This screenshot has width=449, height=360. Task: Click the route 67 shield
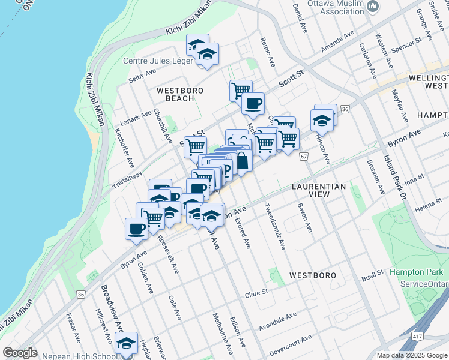pyautogui.click(x=304, y=157)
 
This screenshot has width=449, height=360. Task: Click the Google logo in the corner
pyautogui.click(x=20, y=353)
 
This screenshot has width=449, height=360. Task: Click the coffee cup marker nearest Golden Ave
pyautogui.click(x=136, y=229)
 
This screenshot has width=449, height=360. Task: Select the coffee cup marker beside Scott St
pyautogui.click(x=253, y=103)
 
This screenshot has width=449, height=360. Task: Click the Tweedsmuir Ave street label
pyautogui.click(x=275, y=226)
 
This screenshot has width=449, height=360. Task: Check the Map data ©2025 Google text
pyautogui.click(x=411, y=355)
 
